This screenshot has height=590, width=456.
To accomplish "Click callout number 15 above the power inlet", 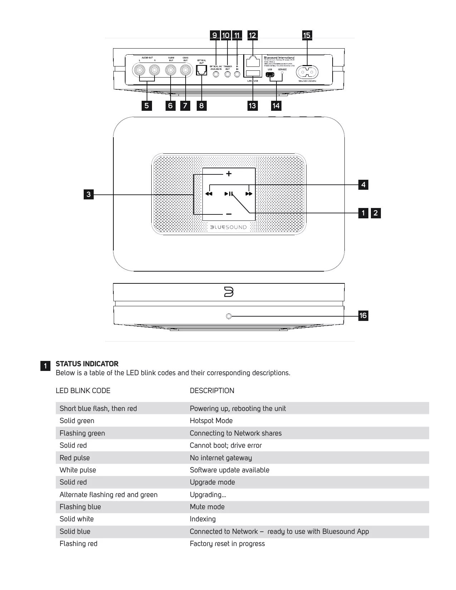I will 307,35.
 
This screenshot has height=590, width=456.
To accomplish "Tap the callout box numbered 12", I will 252,35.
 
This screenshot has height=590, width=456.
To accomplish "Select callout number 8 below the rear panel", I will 201,105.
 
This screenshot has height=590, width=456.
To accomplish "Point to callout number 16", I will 363,316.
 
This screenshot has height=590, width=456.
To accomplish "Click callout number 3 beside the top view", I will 88,195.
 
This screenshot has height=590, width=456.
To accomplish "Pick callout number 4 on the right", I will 363,185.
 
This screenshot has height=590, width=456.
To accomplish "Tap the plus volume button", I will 229,174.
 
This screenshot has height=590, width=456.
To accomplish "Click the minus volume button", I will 229,214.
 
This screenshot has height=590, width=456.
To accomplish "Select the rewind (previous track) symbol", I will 209,194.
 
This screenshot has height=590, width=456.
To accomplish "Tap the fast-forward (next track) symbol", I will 249,194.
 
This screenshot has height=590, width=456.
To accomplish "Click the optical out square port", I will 202,70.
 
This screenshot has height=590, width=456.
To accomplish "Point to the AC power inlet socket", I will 307,72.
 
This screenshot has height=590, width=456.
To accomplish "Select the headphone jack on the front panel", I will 229,316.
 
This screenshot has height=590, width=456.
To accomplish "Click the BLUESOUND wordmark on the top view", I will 229,227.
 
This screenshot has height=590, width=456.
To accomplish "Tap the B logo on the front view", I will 229,292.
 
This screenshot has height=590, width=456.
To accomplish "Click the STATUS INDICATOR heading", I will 87,364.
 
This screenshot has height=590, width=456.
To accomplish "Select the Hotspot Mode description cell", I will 211,421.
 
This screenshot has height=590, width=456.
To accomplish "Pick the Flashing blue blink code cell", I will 80,507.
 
